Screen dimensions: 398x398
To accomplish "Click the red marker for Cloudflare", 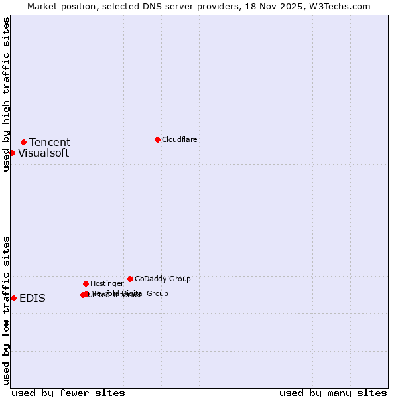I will (157, 139).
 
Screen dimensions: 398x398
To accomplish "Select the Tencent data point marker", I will (23, 142).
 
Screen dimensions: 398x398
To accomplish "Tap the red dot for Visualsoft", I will (12, 153).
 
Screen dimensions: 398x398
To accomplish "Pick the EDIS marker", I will (13, 298).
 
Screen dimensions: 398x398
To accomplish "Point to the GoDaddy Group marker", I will (130, 279).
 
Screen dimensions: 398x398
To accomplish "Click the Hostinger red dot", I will (86, 283).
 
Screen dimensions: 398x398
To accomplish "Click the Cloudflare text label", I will (179, 139).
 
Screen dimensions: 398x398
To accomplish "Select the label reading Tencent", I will (50, 142).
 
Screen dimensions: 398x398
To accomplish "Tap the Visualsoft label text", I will (43, 153).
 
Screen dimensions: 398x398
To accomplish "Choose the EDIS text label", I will (33, 298).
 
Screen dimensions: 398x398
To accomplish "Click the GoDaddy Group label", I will (163, 279).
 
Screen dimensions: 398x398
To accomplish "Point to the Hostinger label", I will (107, 283).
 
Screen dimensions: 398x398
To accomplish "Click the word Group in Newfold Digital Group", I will (157, 293).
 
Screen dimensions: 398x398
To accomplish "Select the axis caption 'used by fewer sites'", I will (68, 393).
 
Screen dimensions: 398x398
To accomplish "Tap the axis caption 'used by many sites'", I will (333, 393).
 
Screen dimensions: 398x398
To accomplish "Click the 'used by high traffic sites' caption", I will (6, 94).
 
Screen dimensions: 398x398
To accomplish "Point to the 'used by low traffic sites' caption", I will (6, 310).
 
